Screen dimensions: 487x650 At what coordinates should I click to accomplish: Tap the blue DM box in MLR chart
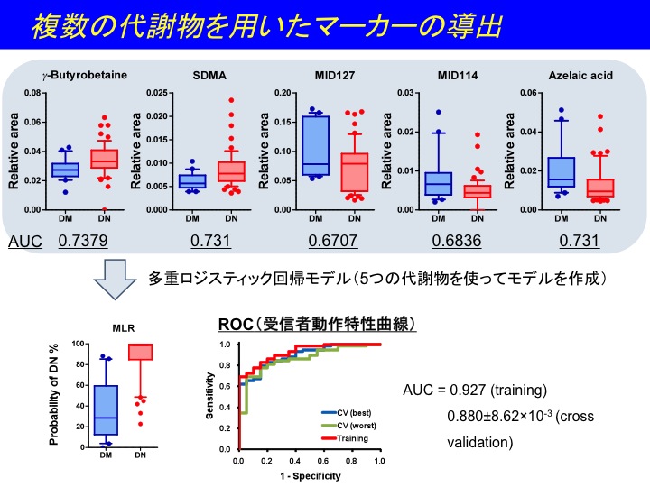point(107,410)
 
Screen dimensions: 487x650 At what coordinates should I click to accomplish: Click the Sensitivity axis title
point(211,397)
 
